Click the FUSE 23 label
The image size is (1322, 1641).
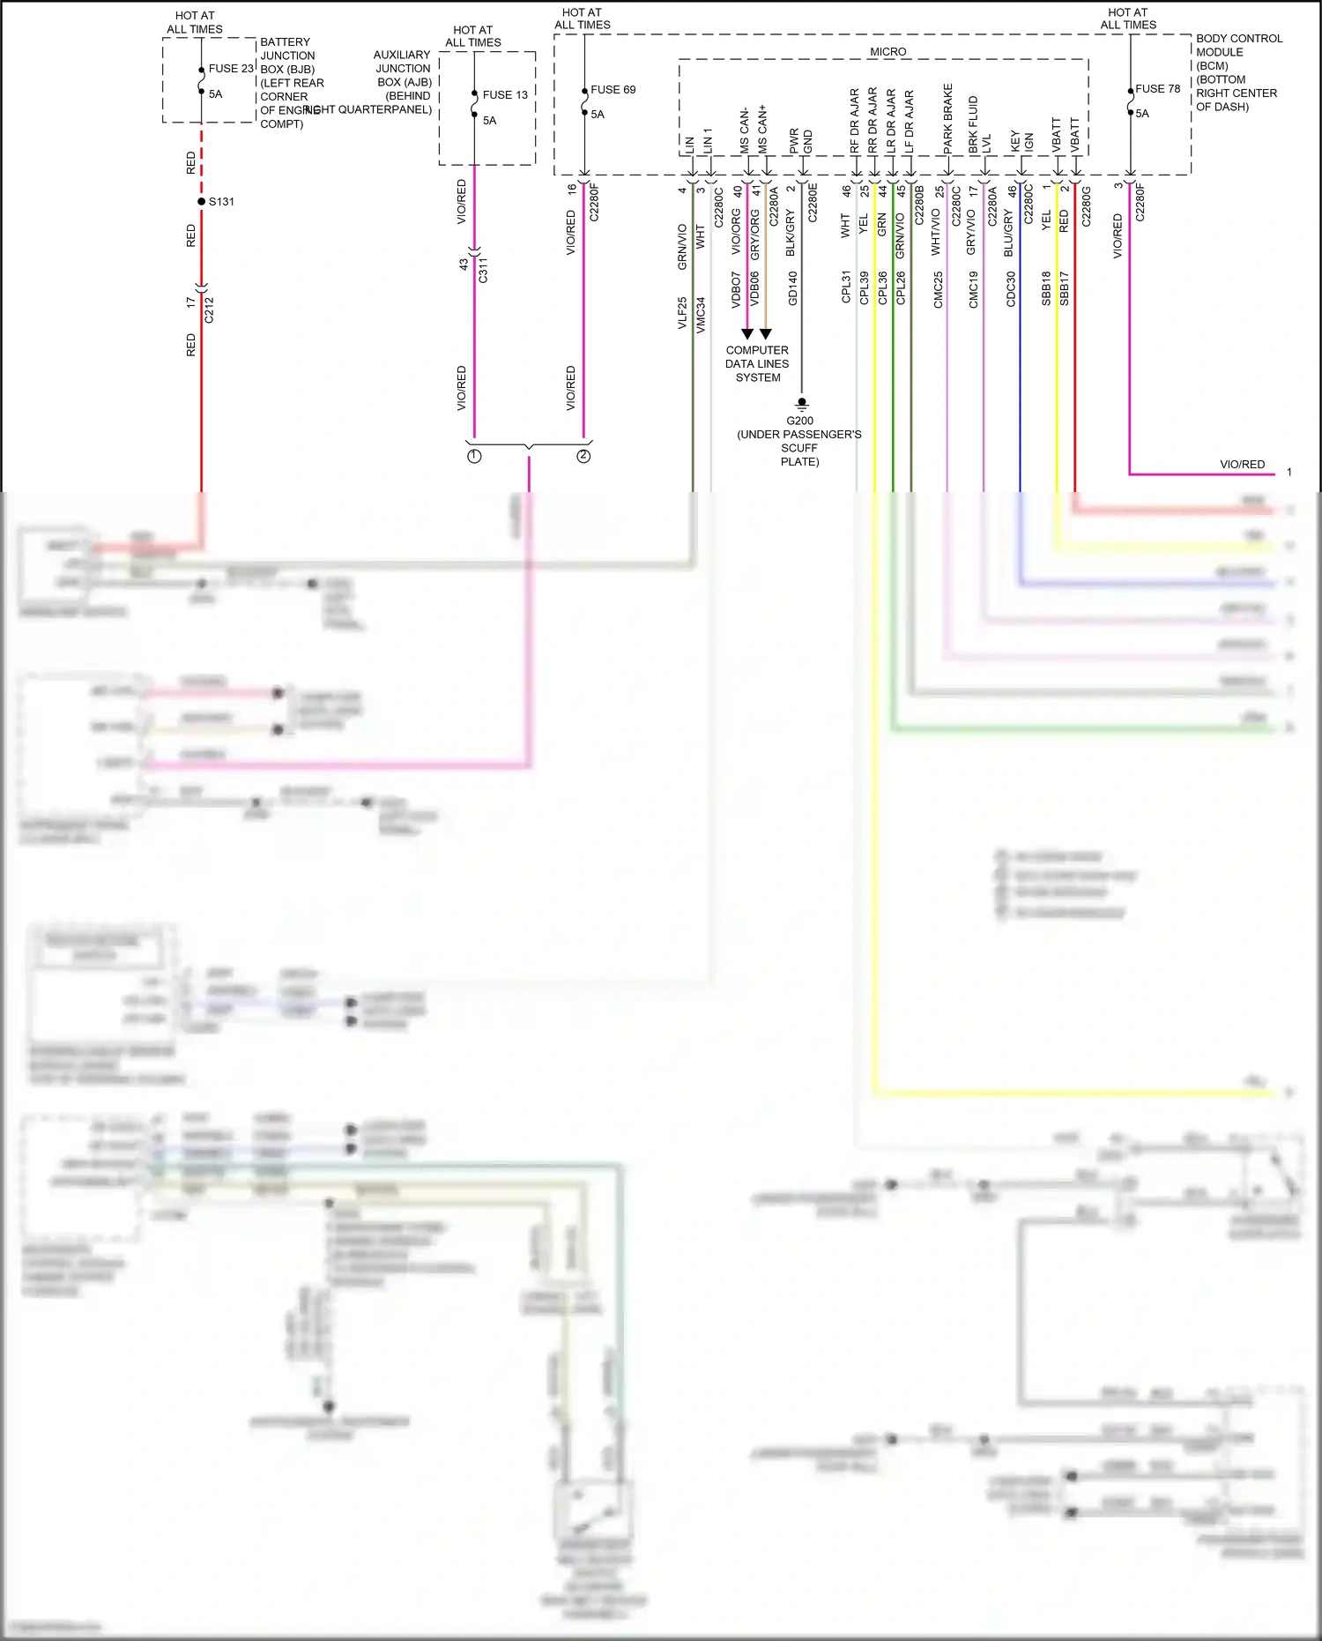pos(231,69)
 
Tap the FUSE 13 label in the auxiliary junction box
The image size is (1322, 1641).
pos(505,95)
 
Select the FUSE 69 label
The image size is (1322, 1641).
pos(613,90)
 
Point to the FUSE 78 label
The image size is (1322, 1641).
pos(1157,89)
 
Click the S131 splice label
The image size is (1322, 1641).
pos(221,202)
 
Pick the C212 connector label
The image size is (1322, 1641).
pos(209,310)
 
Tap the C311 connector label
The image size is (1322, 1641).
pos(483,270)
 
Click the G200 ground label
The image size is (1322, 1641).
pos(799,421)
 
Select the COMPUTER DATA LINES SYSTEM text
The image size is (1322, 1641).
pos(757,363)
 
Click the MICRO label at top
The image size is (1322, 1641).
pos(888,52)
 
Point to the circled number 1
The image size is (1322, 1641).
pos(474,456)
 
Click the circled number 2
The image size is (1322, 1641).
pos(583,456)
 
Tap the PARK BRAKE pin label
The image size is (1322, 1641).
pos(948,118)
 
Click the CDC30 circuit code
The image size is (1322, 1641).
pos(1011,289)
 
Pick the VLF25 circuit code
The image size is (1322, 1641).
pos(682,313)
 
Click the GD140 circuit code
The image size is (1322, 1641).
pos(793,289)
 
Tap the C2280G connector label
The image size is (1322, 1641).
pos(1087,206)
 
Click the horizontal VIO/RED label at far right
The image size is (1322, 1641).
pos(1242,465)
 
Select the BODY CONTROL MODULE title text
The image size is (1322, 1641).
pos(1237,52)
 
